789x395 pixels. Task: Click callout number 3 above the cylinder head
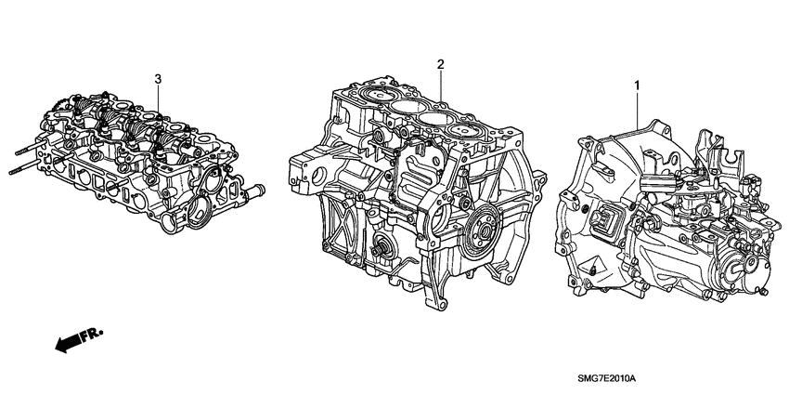click(159, 78)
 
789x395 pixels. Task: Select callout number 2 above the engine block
click(441, 64)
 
